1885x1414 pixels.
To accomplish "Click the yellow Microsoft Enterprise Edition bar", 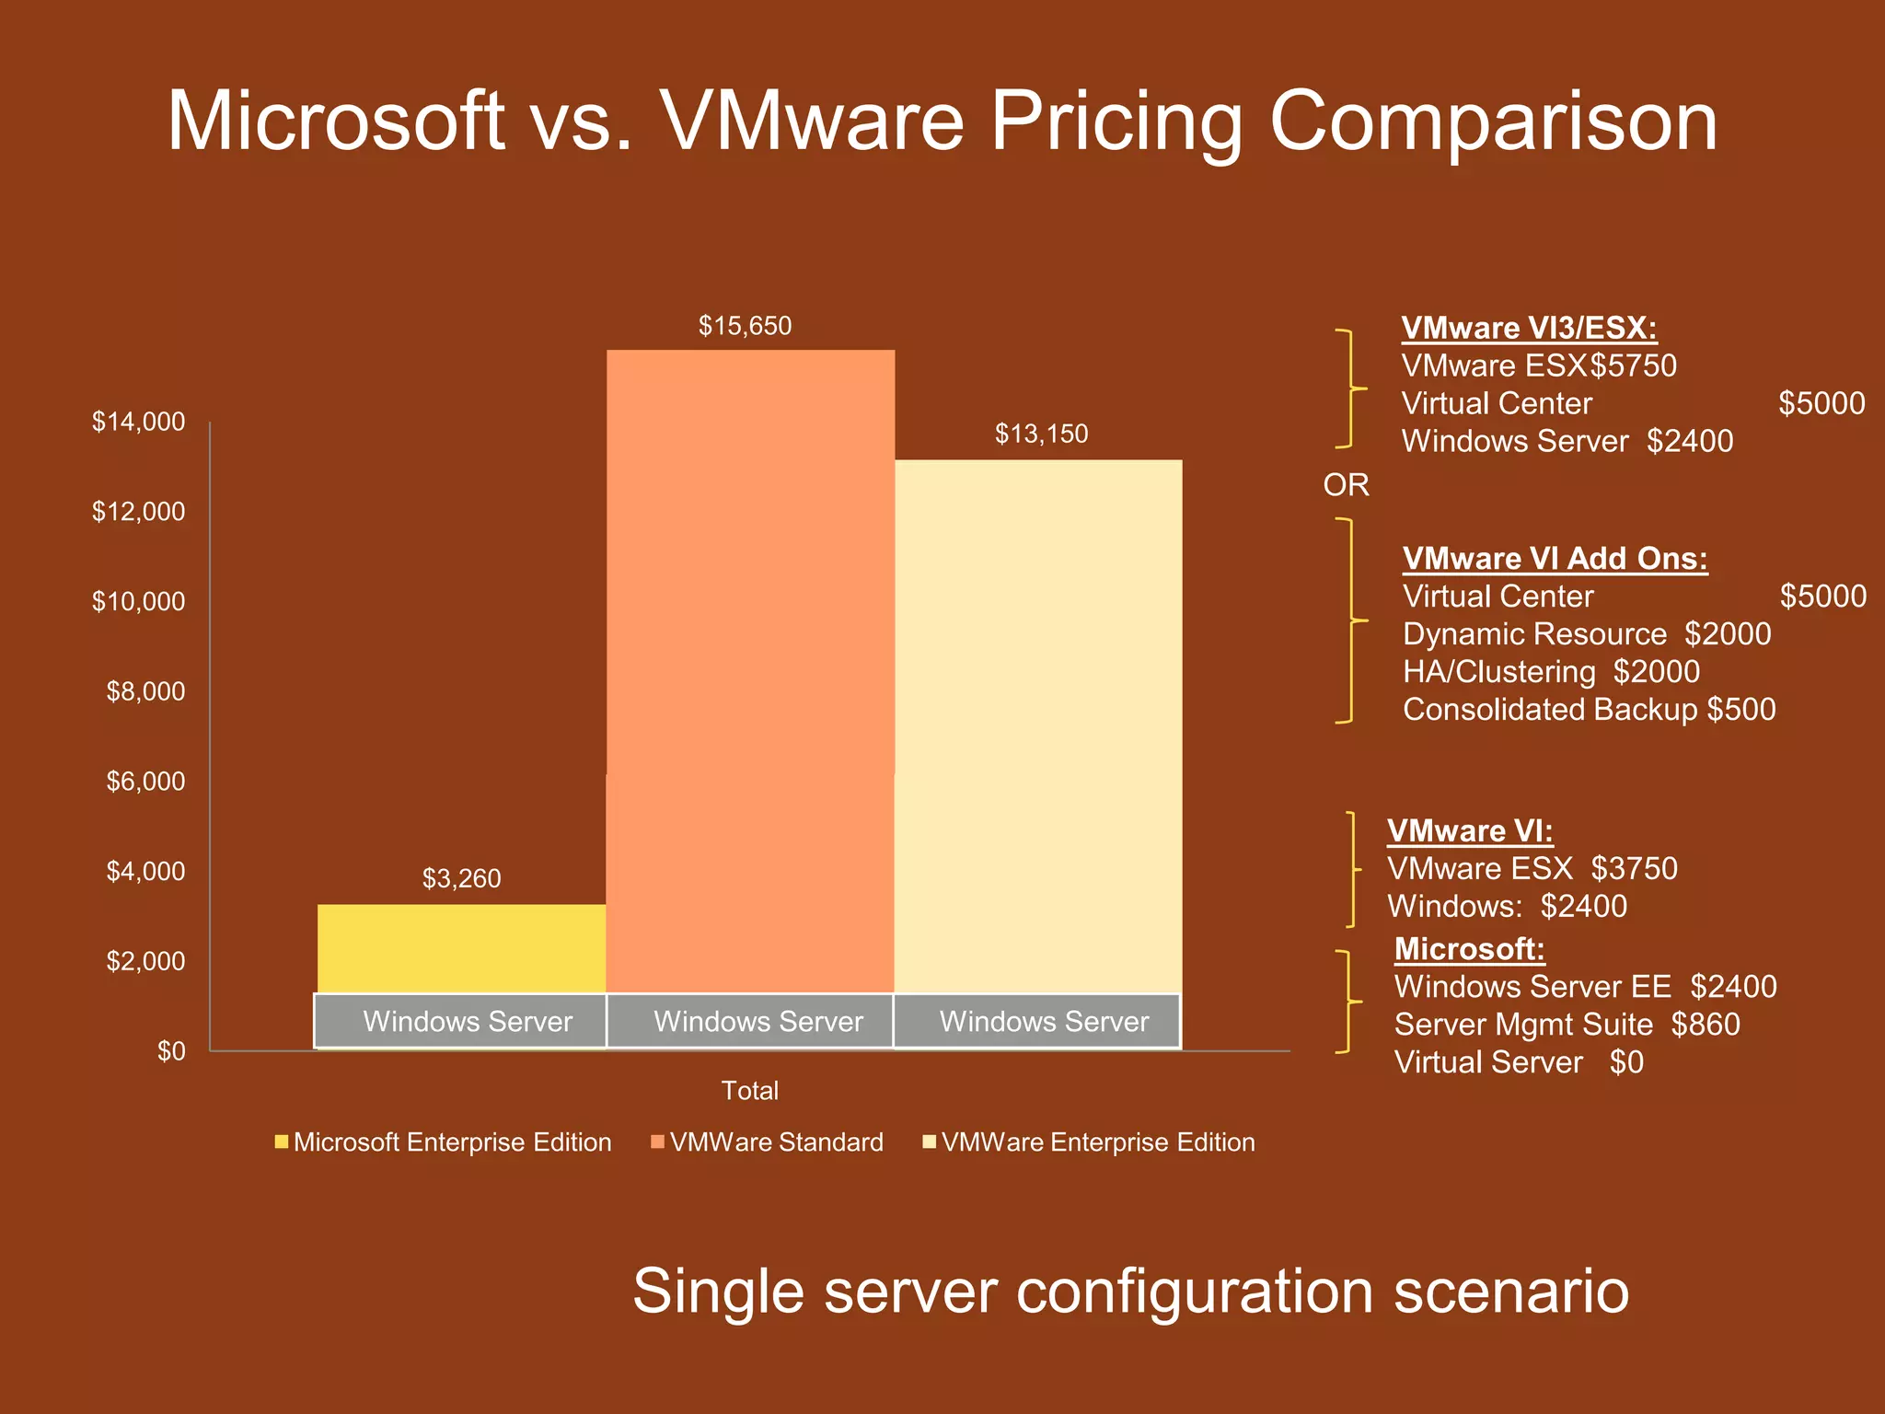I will (461, 948).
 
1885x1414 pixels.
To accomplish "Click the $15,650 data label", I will (745, 326).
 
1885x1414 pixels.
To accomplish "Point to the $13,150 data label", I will (1041, 434).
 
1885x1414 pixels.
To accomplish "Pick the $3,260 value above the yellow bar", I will (461, 878).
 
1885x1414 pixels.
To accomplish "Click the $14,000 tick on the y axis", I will (138, 422).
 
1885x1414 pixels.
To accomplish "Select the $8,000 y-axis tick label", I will (145, 691).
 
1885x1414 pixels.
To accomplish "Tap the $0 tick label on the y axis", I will (171, 1051).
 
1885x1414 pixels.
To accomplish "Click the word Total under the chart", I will (749, 1091).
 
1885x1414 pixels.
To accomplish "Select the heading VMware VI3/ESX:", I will (1529, 328).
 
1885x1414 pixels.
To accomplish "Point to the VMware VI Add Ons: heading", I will (1555, 558).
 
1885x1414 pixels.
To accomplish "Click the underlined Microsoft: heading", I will (1469, 948).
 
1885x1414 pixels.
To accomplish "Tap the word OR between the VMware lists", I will (1346, 485).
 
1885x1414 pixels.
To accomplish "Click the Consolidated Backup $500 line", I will (1589, 710).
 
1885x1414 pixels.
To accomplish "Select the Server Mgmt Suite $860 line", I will (1567, 1025).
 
